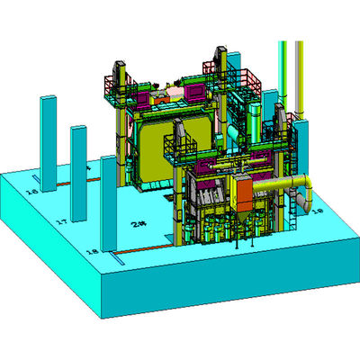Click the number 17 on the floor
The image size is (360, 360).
[x=62, y=221]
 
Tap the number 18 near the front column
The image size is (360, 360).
[x=90, y=252]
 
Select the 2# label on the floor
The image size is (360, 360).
[x=138, y=223]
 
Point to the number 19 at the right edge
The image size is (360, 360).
[x=317, y=211]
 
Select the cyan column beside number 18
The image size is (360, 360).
[x=109, y=202]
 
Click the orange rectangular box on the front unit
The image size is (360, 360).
[x=242, y=192]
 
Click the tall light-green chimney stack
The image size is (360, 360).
[x=283, y=72]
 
